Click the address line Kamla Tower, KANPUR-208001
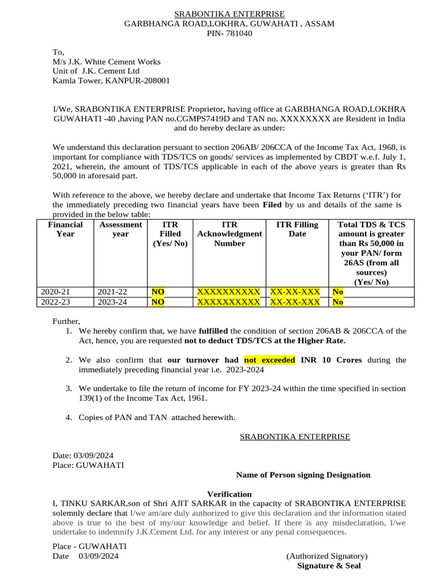[x=111, y=81]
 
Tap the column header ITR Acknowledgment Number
[x=229, y=234]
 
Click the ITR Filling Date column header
[x=297, y=229]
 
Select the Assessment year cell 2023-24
[x=112, y=302]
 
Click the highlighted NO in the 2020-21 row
[x=158, y=292]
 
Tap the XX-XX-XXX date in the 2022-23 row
[x=295, y=302]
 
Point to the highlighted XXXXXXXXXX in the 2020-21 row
[x=228, y=292]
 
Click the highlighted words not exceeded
[x=270, y=360]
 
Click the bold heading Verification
[x=229, y=494]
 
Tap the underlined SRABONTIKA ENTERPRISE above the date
[x=295, y=436]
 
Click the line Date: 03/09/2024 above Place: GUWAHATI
[x=84, y=456]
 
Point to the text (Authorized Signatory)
[x=327, y=556]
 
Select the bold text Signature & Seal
[x=329, y=566]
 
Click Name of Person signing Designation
[x=303, y=475]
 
